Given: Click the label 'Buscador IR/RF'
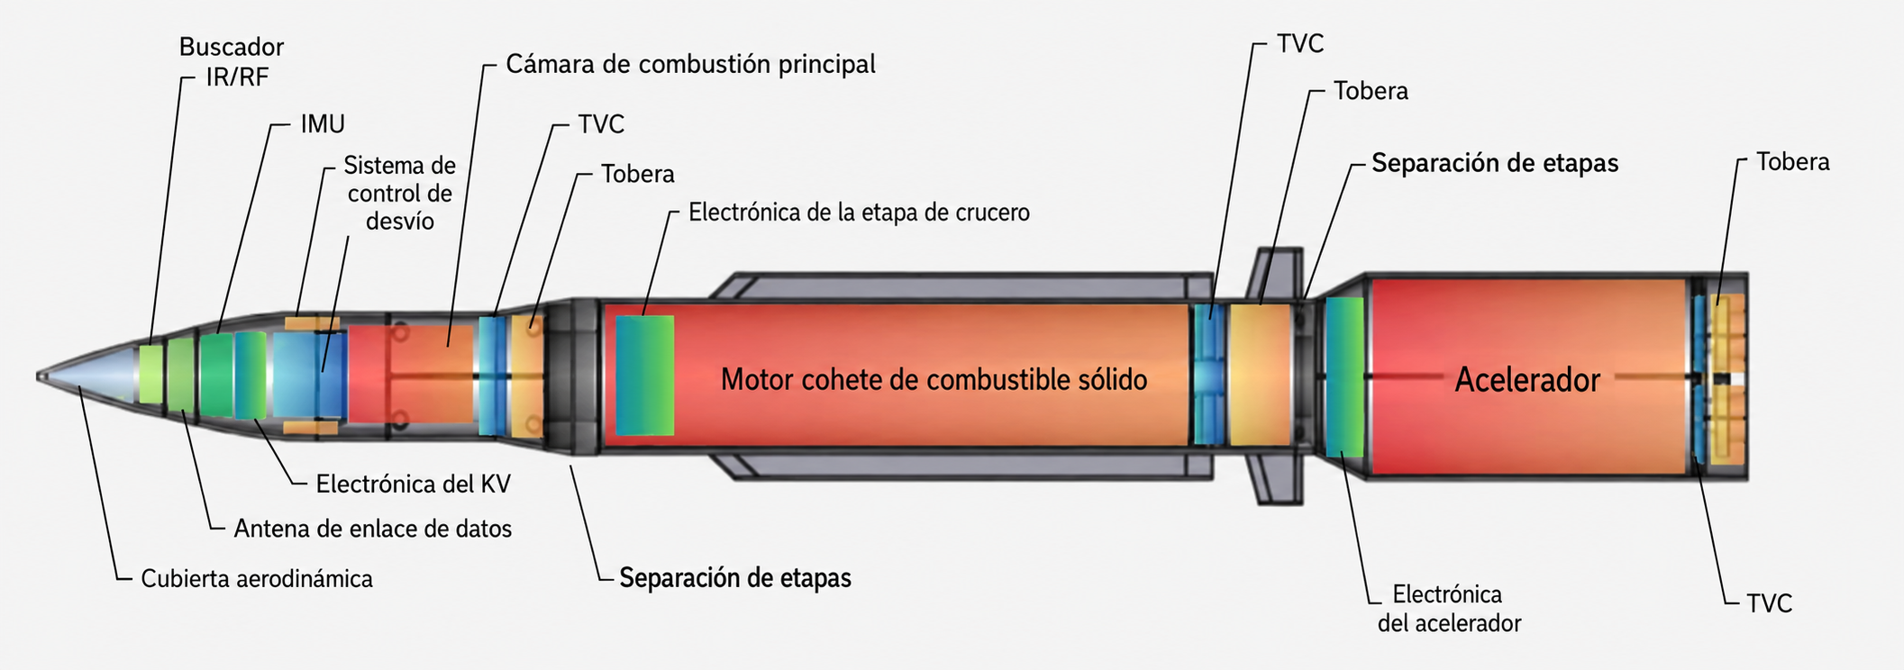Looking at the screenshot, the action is click(x=232, y=61).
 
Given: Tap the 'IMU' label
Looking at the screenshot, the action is click(x=323, y=123).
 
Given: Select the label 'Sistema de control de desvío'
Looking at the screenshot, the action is click(x=400, y=194).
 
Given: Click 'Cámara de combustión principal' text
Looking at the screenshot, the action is click(x=690, y=65).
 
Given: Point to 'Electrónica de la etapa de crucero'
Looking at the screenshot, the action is click(x=859, y=213).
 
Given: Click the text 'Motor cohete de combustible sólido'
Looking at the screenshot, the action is click(x=934, y=380).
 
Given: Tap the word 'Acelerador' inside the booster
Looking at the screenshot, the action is click(x=1527, y=380).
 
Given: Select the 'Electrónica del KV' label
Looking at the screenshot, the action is click(x=413, y=484).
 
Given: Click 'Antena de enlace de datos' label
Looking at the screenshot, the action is click(x=372, y=529).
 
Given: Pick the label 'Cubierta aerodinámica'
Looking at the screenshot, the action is click(x=257, y=578).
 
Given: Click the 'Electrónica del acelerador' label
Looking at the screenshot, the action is click(x=1449, y=609).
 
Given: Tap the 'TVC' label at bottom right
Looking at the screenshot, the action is click(x=1770, y=603).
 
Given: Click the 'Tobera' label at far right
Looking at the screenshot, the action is click(x=1793, y=162).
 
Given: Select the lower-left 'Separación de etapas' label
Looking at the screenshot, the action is click(x=735, y=578).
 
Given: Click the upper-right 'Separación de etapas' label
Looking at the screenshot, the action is click(x=1495, y=164).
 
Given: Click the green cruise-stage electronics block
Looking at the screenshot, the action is click(x=645, y=376).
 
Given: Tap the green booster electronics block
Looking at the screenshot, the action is click(x=1344, y=376).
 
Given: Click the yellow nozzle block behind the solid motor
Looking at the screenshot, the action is click(x=1260, y=375).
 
